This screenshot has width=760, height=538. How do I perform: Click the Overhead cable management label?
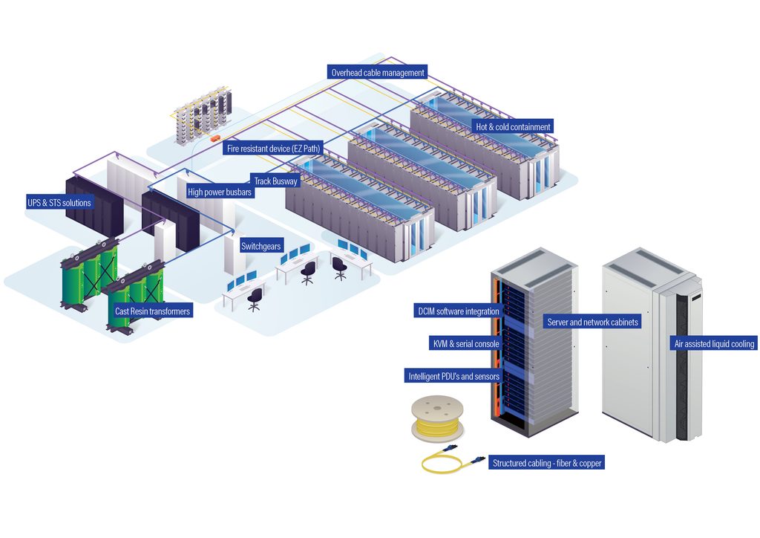[377, 72]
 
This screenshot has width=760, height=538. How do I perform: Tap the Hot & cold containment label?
[513, 126]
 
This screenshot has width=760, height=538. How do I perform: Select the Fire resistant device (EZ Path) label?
[273, 149]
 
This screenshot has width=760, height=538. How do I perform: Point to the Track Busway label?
[275, 181]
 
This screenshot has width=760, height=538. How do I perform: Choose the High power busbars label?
[220, 192]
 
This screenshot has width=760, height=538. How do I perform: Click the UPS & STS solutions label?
[59, 203]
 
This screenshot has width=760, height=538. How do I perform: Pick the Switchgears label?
[261, 246]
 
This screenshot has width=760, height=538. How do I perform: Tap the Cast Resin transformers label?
[152, 311]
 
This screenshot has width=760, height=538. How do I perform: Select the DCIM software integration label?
[459, 311]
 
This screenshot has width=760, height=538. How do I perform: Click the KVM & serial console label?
[466, 343]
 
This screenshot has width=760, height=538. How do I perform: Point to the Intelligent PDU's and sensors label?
[453, 376]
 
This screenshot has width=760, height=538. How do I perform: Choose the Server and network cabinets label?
[592, 322]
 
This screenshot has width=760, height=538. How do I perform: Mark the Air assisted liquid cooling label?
[714, 343]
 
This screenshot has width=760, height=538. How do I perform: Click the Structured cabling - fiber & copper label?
[547, 463]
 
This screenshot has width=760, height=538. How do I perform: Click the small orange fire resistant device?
[214, 139]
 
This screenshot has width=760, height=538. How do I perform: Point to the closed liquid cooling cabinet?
[652, 345]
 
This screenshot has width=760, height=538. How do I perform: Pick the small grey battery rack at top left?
[203, 115]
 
